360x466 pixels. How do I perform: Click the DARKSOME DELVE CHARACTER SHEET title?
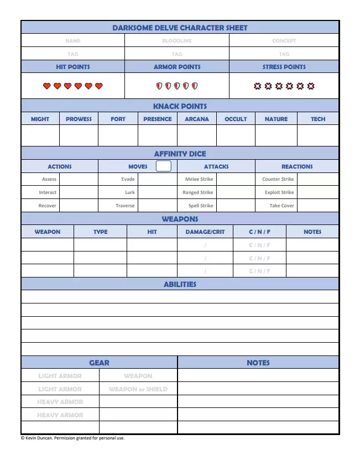pos(180,28)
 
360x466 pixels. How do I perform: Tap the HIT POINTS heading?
pos(72,67)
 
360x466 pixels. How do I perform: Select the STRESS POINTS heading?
pos(284,67)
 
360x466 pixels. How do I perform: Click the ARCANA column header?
pos(197,119)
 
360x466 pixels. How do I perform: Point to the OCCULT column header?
pos(236,119)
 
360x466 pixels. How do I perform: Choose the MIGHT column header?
pos(40,119)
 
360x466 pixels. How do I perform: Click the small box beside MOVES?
pos(164,166)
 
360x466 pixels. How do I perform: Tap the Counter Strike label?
pos(278,179)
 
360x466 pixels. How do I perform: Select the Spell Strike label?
pos(200,206)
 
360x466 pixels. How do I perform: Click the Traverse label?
pos(125,206)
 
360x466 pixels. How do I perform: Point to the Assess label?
pos(49,179)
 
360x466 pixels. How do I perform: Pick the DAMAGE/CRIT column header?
pos(205,232)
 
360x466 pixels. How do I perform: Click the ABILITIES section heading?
pos(180,284)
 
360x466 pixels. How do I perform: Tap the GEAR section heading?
pos(99,363)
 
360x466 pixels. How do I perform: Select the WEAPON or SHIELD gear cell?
pos(138,389)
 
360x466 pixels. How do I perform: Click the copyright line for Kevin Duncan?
pos(72,438)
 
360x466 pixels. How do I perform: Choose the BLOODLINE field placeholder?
pos(177,40)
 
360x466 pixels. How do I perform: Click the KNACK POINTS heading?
pos(180,106)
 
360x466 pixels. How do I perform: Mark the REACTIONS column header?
pos(297,166)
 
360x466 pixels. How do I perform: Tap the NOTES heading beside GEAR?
pos(258,363)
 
